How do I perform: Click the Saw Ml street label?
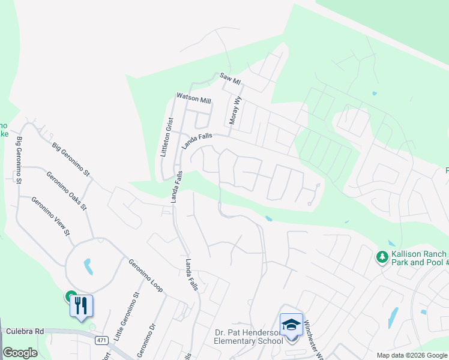tap(230, 79)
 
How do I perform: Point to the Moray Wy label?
tap(235, 111)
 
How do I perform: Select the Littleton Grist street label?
tap(166, 137)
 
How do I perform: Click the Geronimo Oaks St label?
tap(67, 191)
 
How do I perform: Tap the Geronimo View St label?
tap(50, 217)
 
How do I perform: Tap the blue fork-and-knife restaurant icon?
tap(82, 306)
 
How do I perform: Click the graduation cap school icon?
tap(291, 325)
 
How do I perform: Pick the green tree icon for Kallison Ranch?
tap(381, 257)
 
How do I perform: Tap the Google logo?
tap(20, 352)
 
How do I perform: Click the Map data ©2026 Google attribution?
tap(411, 355)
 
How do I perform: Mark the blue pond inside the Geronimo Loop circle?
tap(88, 266)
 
